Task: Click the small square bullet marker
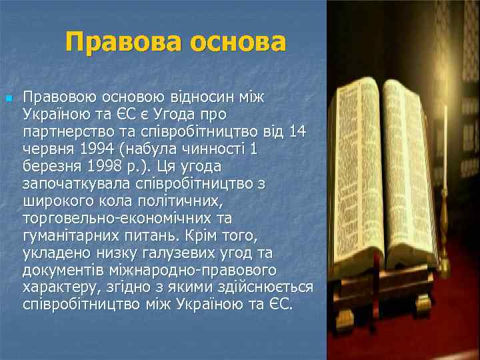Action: coord(8,99)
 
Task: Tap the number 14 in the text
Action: coord(297,132)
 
